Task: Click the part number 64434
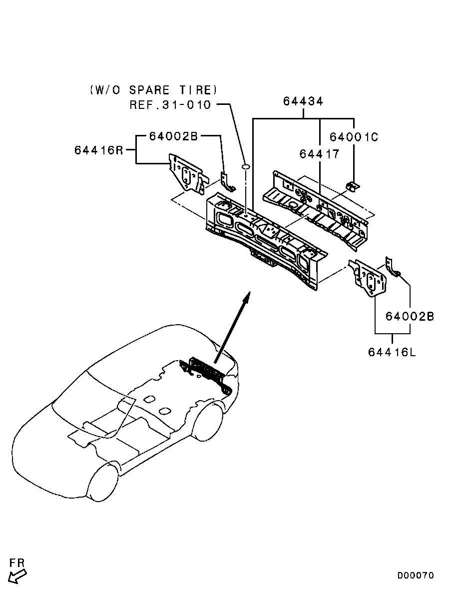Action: (303, 101)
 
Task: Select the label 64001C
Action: (354, 136)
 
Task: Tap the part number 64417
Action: (319, 154)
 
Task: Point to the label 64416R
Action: (99, 149)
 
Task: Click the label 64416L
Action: (392, 352)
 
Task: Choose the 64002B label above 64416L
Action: (410, 316)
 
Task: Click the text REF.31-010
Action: (170, 105)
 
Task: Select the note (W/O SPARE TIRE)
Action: (154, 90)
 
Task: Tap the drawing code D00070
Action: (416, 576)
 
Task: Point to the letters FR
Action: (16, 563)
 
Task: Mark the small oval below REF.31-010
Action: (246, 166)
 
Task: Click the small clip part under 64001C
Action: (352, 186)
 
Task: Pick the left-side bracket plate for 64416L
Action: (370, 278)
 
